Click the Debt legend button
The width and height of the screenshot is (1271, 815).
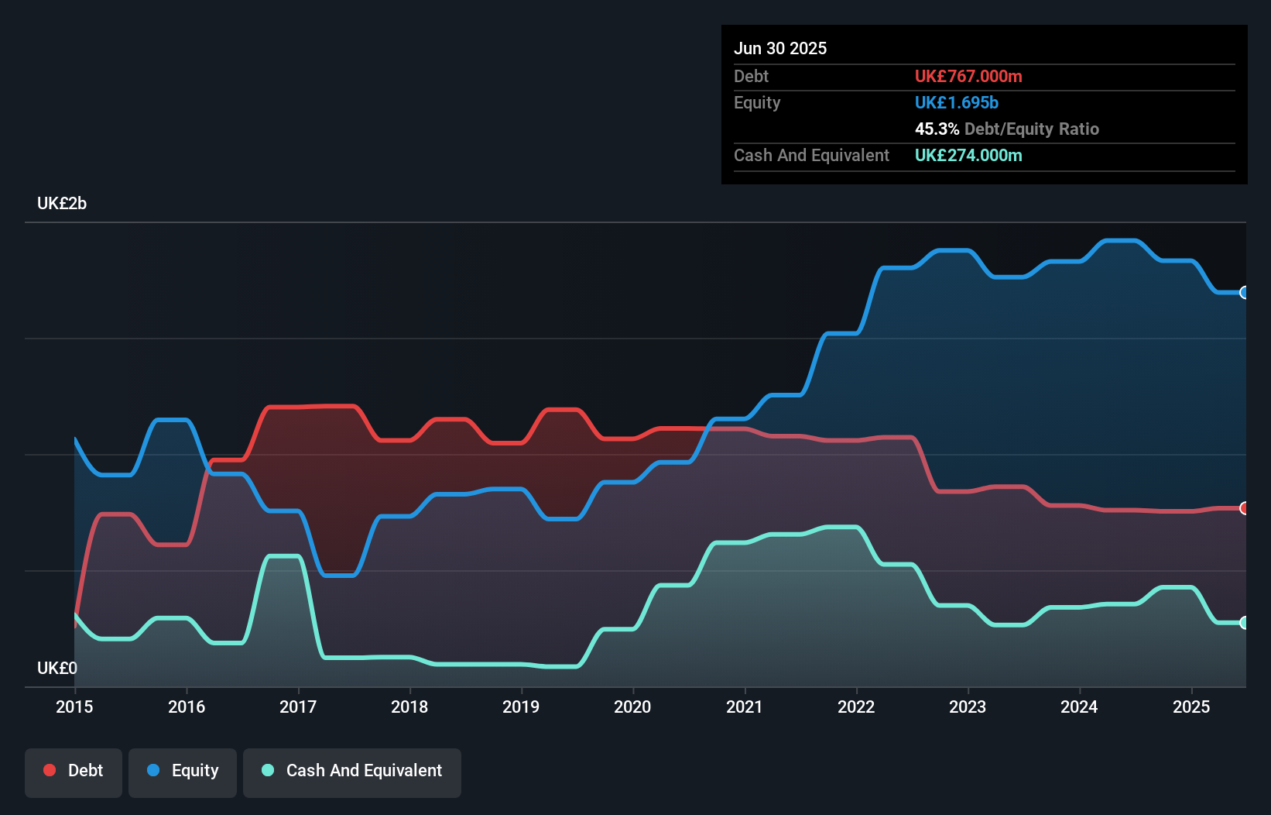(x=74, y=772)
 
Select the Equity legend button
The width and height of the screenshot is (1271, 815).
(x=183, y=772)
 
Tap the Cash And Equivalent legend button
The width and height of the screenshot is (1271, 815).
(x=352, y=772)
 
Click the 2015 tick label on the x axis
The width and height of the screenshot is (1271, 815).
(x=74, y=707)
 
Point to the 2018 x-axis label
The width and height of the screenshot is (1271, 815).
(x=409, y=707)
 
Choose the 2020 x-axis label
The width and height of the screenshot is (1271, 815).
(x=632, y=707)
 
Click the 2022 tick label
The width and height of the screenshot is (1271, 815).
(x=856, y=707)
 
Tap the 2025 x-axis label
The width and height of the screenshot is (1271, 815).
(x=1190, y=707)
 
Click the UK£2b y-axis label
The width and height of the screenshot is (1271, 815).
(x=62, y=204)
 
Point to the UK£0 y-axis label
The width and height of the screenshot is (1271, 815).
(x=57, y=668)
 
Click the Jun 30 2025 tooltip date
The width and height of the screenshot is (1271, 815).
(x=780, y=49)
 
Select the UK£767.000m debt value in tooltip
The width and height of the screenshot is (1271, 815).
(x=968, y=77)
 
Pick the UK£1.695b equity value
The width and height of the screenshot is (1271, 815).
(x=957, y=103)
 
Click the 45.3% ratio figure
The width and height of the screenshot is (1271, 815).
(x=937, y=129)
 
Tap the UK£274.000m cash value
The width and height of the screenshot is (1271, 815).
(x=968, y=156)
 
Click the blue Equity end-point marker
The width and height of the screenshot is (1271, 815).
(x=1244, y=292)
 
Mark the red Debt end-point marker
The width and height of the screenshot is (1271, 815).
(x=1244, y=508)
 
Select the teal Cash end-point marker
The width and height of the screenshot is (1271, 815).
(x=1244, y=623)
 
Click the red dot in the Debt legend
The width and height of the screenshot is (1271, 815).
(x=50, y=770)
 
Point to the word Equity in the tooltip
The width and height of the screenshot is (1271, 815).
(x=757, y=103)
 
